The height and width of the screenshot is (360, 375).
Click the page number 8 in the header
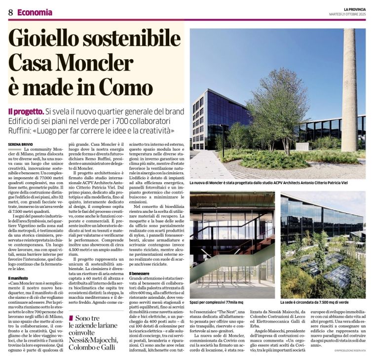click(x=10, y=12)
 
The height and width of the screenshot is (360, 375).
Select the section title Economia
click(x=35, y=12)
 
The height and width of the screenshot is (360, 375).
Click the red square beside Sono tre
click(x=72, y=319)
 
